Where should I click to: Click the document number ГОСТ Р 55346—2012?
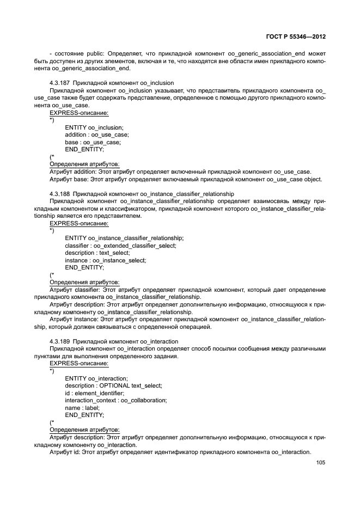295,37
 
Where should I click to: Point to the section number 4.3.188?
59,193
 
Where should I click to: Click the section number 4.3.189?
59,341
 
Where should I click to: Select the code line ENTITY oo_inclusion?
94,127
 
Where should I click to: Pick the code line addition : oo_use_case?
96,134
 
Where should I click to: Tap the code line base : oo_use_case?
93,142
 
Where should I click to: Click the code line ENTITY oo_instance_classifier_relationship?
124,238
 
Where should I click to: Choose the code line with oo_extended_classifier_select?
120,246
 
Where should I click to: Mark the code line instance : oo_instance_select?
105,260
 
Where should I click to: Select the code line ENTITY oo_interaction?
96,378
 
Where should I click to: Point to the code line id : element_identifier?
94,393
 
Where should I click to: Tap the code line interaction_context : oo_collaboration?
115,400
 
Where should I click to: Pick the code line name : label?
82,407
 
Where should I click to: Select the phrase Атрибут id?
65,452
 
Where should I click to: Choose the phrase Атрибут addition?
72,171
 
